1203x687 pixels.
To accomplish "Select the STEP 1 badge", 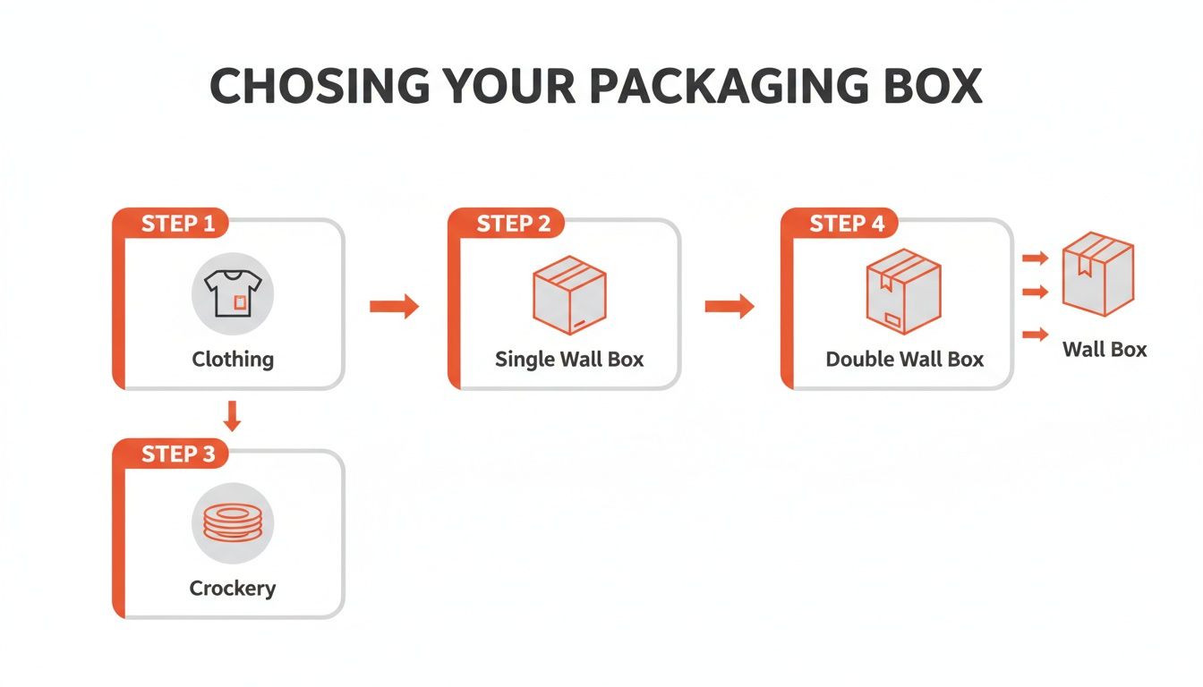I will tap(178, 224).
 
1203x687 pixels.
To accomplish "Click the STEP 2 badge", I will tap(514, 224).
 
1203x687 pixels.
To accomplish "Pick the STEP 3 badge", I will tap(178, 454).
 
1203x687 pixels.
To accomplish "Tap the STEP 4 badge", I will tap(847, 224).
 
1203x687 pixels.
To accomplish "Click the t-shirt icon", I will tap(233, 293).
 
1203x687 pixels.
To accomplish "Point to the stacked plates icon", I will tap(233, 522).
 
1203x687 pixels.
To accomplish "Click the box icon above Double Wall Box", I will tap(903, 291).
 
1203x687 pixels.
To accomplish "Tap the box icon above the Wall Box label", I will tap(1097, 273).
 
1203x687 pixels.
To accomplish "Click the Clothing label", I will tap(233, 360).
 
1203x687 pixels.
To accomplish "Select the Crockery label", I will tap(233, 589).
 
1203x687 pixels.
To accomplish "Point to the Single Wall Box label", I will tap(569, 360).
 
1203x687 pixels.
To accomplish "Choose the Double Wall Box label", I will tap(904, 360).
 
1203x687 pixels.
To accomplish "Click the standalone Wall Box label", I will tap(1105, 350).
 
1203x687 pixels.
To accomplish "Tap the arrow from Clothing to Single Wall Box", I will tap(394, 307).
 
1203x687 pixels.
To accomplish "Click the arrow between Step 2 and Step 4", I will tap(729, 307).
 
